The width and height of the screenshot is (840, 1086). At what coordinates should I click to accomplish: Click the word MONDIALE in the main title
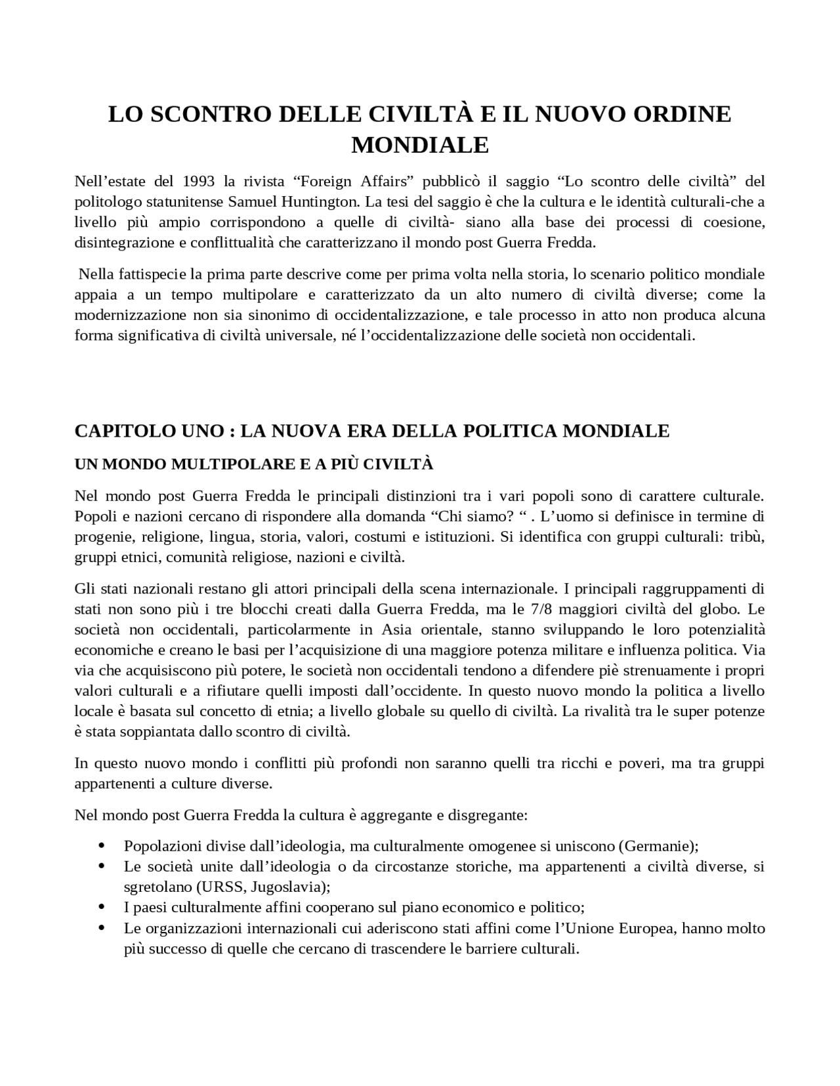(420, 145)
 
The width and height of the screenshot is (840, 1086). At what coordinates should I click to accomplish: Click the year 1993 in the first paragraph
(199, 180)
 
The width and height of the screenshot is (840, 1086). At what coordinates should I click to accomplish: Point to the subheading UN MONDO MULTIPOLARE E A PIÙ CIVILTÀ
(254, 464)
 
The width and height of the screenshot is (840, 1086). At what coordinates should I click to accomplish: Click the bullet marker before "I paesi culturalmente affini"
(101, 907)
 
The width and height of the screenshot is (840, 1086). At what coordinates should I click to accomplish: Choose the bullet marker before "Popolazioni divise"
(101, 845)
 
